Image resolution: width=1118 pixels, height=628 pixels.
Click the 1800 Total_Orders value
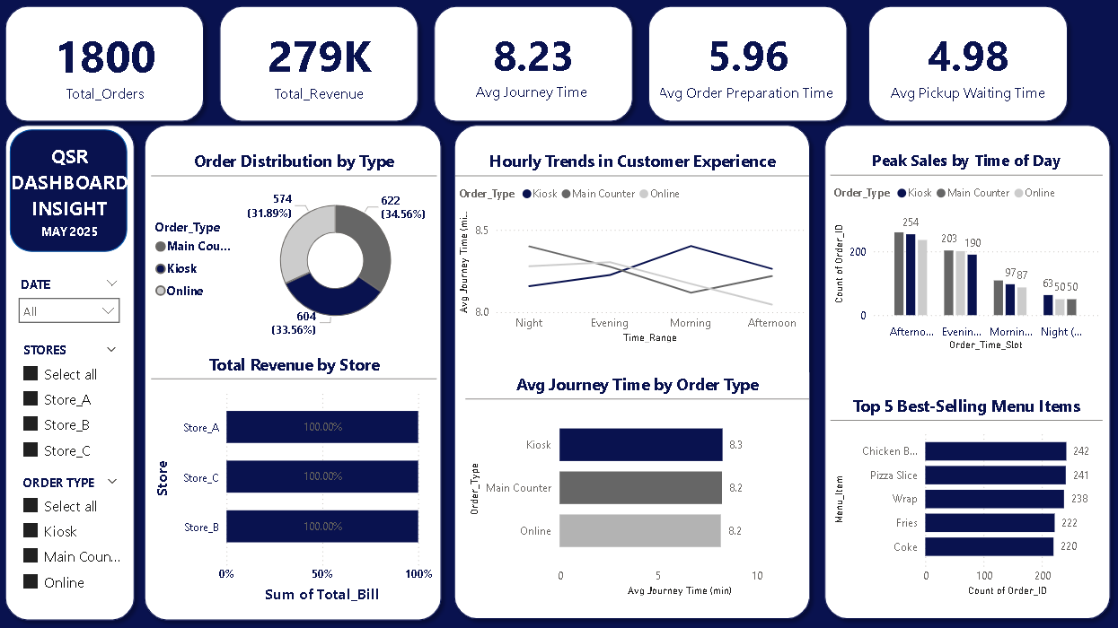coord(105,57)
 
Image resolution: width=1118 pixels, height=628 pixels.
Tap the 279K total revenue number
coord(319,57)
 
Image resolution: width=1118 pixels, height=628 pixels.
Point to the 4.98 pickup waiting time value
coord(967,57)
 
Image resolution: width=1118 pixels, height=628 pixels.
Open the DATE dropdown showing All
coord(69,311)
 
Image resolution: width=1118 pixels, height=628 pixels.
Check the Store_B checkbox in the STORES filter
coord(31,424)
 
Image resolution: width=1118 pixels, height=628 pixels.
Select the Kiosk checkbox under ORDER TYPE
coord(31,531)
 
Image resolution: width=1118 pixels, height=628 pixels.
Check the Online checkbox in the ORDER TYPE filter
coord(31,582)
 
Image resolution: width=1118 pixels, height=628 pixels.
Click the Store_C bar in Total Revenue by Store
coord(321,477)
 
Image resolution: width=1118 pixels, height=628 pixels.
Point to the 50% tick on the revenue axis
coord(321,574)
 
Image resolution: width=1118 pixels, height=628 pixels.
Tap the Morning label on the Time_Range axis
coord(690,323)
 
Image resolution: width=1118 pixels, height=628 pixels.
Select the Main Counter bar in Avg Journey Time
coord(640,488)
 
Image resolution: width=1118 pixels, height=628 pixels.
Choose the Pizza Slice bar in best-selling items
coord(995,475)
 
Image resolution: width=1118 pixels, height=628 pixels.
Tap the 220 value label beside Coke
coord(1068,546)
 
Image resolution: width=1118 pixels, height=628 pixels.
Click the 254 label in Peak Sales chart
coord(911,222)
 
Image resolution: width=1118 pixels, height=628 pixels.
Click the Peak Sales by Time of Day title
coord(965,161)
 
